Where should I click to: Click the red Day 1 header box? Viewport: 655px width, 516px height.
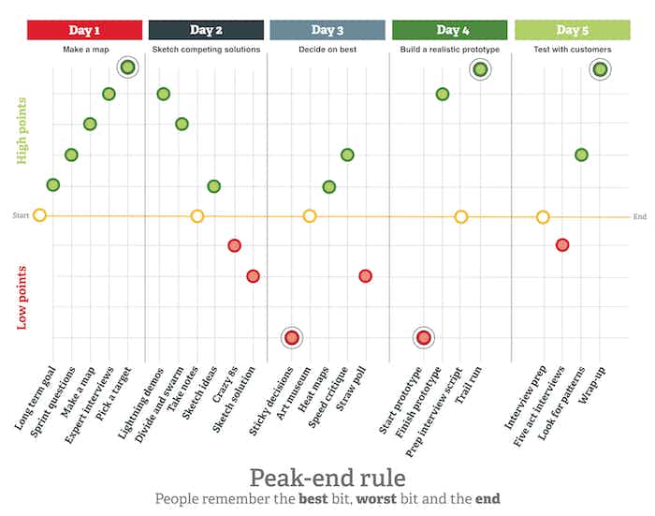tap(84, 30)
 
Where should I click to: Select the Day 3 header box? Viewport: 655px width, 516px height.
tap(327, 30)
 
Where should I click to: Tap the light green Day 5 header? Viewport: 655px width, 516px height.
tap(573, 30)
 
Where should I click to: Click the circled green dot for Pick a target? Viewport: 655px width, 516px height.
tap(127, 66)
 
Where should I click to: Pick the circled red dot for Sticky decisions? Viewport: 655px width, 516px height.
tap(291, 338)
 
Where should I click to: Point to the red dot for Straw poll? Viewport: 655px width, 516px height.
tap(365, 276)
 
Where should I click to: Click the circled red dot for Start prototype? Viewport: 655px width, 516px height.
tap(423, 338)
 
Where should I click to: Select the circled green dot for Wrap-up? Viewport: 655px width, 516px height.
tap(600, 68)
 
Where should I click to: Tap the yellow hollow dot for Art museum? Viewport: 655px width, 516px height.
tap(310, 216)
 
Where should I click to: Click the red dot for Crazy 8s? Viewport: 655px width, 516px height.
tap(234, 245)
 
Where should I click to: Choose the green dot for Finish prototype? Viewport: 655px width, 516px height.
tap(442, 94)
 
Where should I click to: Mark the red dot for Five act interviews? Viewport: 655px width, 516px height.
tap(561, 245)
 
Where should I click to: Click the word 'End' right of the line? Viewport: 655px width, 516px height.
tap(640, 216)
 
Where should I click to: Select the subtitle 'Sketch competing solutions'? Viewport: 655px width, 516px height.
tap(206, 49)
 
